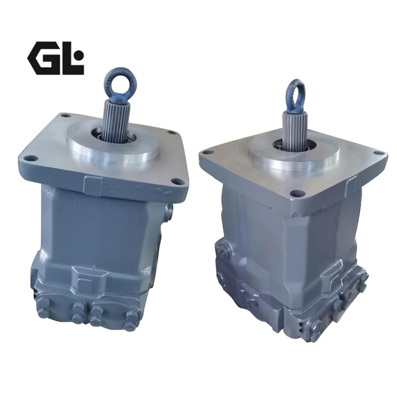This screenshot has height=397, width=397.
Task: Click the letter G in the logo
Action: (44, 58)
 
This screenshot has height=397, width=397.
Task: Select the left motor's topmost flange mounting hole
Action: (66, 116)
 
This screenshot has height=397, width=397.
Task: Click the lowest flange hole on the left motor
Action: (176, 181)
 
